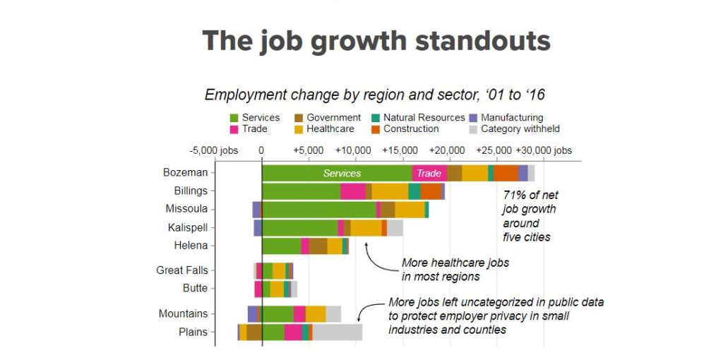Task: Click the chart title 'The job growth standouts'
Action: [x=376, y=41]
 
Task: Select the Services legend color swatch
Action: [x=234, y=118]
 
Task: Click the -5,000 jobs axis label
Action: [x=214, y=150]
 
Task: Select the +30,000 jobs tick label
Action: [x=544, y=150]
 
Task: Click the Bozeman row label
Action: [x=185, y=172]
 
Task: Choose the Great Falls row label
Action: [x=181, y=270]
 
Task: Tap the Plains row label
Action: [x=193, y=332]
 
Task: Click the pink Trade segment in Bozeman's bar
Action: [x=429, y=173]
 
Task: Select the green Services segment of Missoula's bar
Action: [x=318, y=210]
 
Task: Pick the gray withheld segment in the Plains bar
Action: [x=337, y=332]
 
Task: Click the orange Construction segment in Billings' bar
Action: [x=431, y=191]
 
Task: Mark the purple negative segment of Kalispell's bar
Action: [x=258, y=228]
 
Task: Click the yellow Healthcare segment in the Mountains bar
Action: [x=316, y=314]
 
